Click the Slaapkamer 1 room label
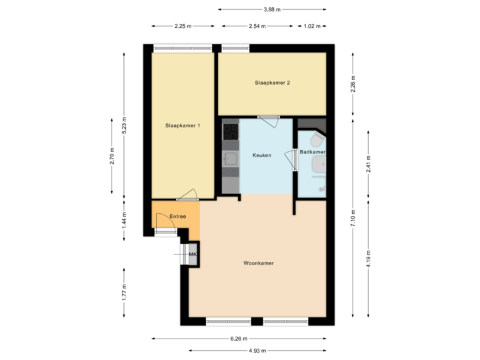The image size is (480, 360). click(183, 125)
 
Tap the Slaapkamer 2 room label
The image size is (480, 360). click(272, 83)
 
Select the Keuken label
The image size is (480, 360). click(261, 155)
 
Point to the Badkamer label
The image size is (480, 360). click(311, 153)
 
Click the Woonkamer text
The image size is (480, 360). click(259, 263)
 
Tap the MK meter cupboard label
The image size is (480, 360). click(193, 255)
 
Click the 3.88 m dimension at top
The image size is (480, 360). click(272, 9)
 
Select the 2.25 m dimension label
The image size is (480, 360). click(183, 27)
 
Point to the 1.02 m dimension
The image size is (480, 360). click(311, 27)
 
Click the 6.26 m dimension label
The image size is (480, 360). click(239, 338)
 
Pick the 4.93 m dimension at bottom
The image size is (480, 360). click(257, 351)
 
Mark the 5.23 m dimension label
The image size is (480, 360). click(124, 125)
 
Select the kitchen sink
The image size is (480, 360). click(231, 159)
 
